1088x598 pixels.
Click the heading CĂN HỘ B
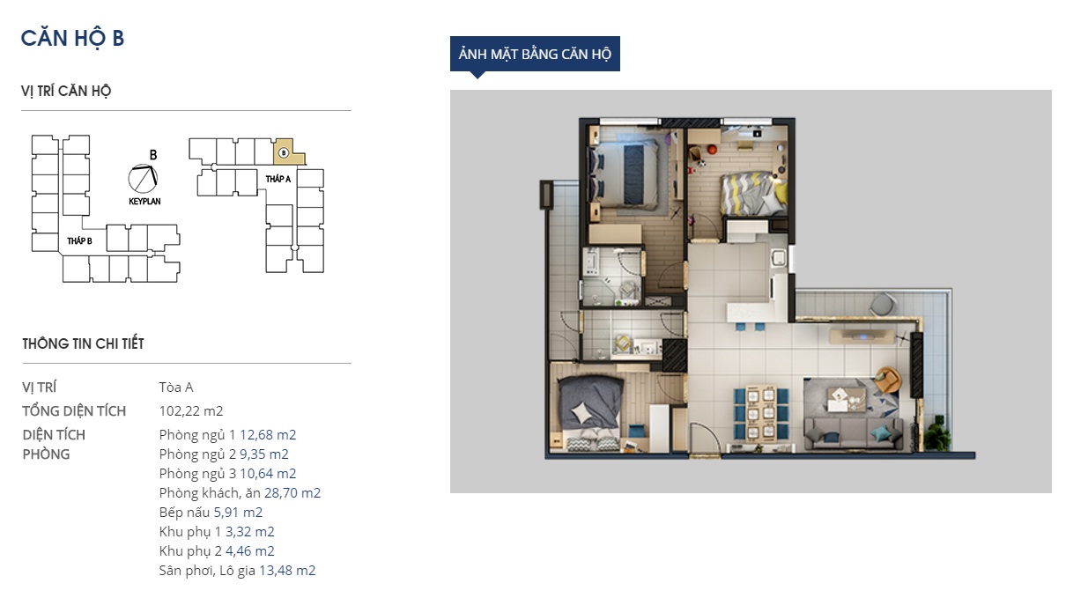click(x=72, y=39)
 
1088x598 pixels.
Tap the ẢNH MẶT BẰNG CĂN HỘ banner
click(x=535, y=54)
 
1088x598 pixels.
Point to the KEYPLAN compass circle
click(x=144, y=179)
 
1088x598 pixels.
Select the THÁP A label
click(x=278, y=179)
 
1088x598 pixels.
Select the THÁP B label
click(x=79, y=240)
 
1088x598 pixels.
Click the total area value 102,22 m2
click(x=191, y=411)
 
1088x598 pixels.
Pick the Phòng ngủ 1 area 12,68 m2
click(x=268, y=434)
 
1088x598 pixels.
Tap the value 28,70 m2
click(x=292, y=492)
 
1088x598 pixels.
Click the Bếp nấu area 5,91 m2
click(x=238, y=512)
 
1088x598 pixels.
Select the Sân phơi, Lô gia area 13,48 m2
click(x=287, y=571)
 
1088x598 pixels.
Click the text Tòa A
click(x=176, y=388)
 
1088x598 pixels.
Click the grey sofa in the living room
click(x=853, y=433)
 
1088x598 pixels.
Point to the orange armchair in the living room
click(x=887, y=380)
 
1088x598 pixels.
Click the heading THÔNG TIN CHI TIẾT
click(x=83, y=343)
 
